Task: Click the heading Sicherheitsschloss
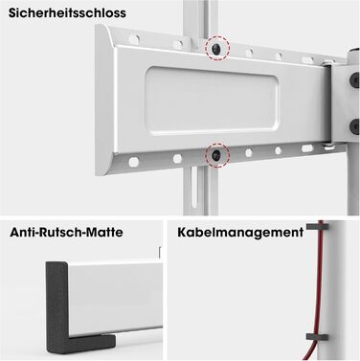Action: pyautogui.click(x=67, y=13)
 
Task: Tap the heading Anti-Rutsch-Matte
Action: pyautogui.click(x=66, y=232)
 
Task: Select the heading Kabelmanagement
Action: pyautogui.click(x=240, y=233)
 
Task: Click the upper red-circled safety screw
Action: pyautogui.click(x=217, y=48)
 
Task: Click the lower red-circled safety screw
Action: pyautogui.click(x=217, y=155)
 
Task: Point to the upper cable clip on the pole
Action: pyautogui.click(x=318, y=227)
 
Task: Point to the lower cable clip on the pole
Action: pyautogui.click(x=318, y=337)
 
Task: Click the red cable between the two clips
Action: pyautogui.click(x=319, y=282)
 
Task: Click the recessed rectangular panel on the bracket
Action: pyautogui.click(x=213, y=101)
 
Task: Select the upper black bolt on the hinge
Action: pyautogui.click(x=354, y=79)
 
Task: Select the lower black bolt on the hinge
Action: pyautogui.click(x=354, y=126)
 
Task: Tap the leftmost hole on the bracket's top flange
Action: pyautogui.click(x=134, y=39)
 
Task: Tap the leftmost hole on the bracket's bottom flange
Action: pyautogui.click(x=133, y=162)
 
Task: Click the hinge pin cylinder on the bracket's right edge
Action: pyautogui.click(x=327, y=104)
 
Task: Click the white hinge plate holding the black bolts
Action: pyautogui.click(x=346, y=102)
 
